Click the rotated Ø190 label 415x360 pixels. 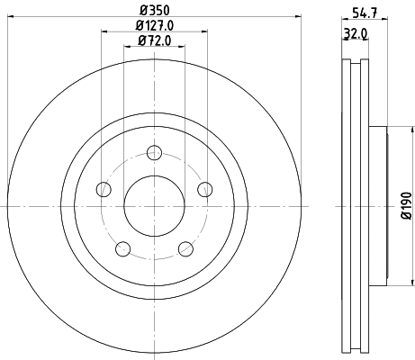[407, 206]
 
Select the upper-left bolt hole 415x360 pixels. [103, 188]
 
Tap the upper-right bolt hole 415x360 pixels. [205, 188]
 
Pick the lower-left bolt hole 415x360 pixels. [123, 248]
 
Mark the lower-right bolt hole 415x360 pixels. [185, 248]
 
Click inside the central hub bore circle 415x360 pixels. [154, 206]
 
